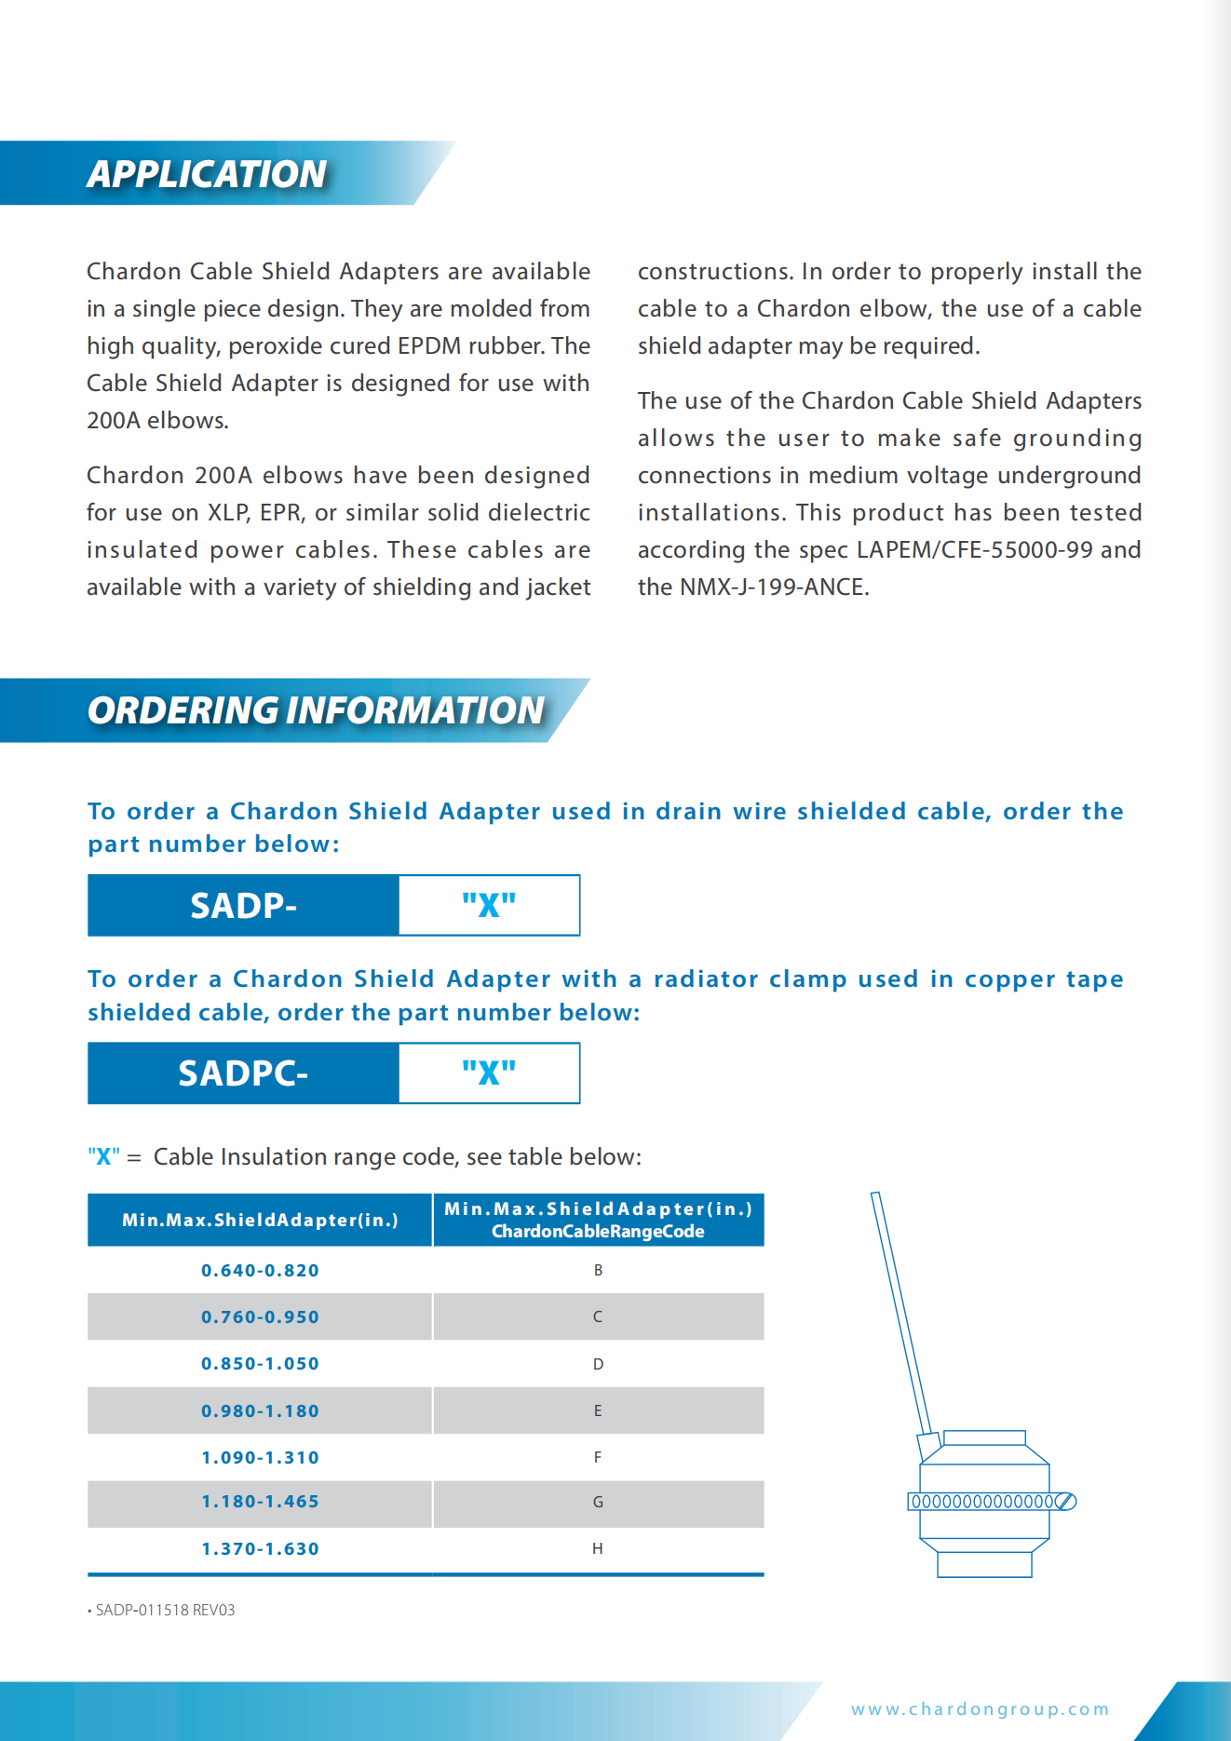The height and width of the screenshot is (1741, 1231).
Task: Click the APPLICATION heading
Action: pos(207,174)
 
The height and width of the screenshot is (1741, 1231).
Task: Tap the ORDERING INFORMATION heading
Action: pos(316,710)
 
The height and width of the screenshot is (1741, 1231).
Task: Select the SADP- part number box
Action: pos(243,905)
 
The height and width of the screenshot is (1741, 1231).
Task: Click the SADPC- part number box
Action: pos(243,1073)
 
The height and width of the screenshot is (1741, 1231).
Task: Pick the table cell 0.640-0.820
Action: pos(260,1270)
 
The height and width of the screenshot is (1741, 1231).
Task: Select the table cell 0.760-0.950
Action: pos(260,1316)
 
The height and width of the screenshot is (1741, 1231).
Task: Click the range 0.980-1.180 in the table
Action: pos(260,1410)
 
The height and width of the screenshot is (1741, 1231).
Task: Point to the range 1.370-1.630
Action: pos(260,1548)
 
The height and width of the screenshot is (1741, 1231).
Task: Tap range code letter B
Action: pos(598,1270)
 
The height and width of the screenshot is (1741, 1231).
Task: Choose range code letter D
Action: pos(598,1364)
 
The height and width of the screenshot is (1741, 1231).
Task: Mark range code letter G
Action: pos(598,1502)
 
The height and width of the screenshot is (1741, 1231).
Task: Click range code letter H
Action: pos(598,1548)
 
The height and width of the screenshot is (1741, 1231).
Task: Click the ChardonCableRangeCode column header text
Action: pos(598,1232)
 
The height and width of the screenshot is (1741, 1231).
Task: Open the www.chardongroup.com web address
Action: pos(980,1708)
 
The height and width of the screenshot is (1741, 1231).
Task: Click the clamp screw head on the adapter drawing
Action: pos(1067,1501)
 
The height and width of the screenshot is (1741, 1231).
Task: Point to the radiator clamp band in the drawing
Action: pos(981,1501)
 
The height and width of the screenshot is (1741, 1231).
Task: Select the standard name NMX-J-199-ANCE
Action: pos(774,587)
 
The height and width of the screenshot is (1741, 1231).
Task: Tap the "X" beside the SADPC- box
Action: pos(489,1073)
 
